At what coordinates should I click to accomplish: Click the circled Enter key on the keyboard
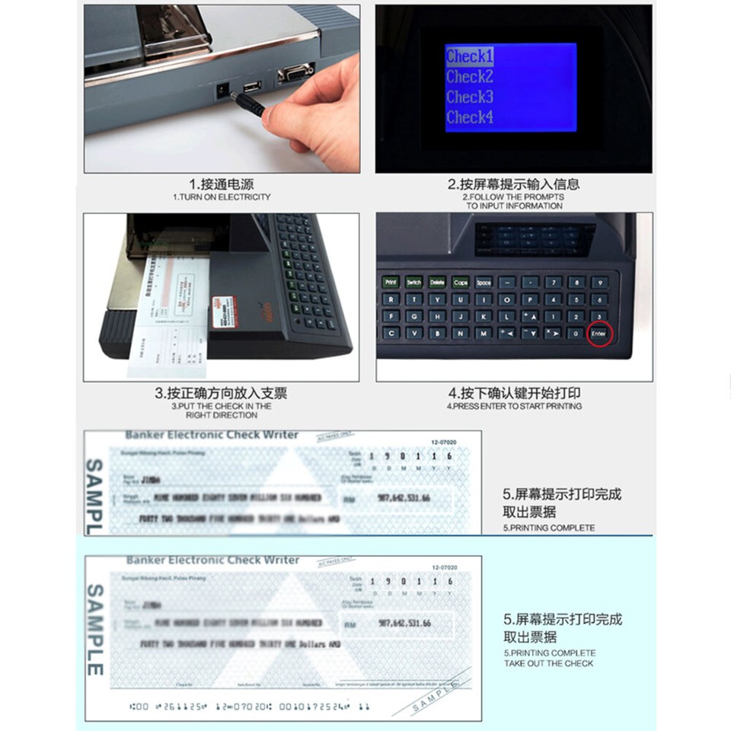tap(599, 334)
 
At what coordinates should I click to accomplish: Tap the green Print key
tap(391, 282)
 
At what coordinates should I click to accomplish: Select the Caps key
tap(461, 282)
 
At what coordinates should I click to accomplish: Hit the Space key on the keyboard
tap(484, 282)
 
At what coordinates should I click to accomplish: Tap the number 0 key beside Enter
tap(576, 334)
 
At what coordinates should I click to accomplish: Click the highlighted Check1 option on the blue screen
tap(469, 56)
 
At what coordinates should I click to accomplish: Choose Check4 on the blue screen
tap(469, 117)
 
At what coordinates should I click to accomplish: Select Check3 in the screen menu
tap(469, 97)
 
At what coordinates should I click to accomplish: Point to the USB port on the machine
tap(251, 86)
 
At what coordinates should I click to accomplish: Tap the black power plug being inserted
tap(252, 103)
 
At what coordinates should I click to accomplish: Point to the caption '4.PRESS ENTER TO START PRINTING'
tap(515, 407)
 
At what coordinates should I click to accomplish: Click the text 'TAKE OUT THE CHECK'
tap(549, 663)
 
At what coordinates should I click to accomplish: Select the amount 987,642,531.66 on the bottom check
tap(404, 623)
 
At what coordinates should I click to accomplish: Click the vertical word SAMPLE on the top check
tap(94, 495)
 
